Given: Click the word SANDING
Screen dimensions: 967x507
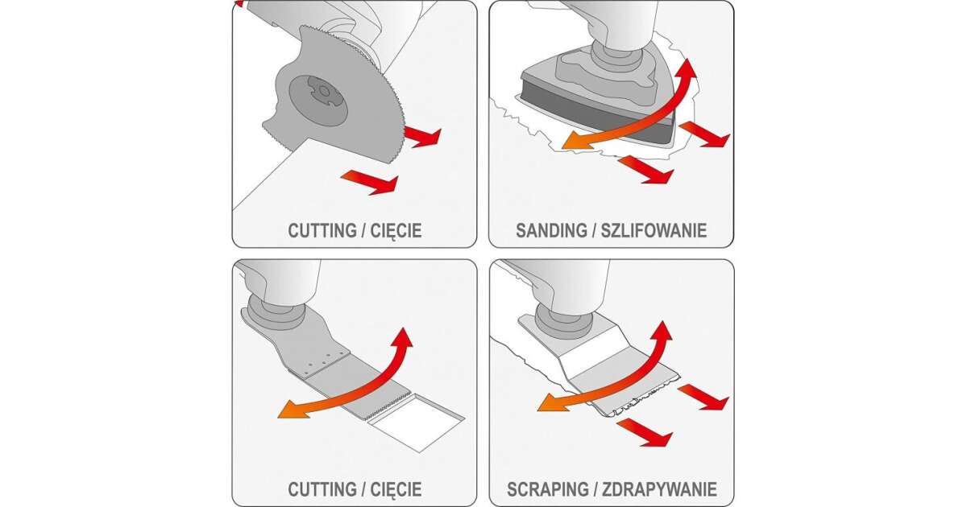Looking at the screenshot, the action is point(551,231).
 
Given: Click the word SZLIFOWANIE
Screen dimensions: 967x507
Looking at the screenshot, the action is point(654,231).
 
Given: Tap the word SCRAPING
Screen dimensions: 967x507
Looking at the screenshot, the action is point(548,489).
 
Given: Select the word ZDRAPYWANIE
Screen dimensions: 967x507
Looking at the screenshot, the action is point(660,489).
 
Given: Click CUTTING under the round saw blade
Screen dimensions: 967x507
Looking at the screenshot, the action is point(322,231).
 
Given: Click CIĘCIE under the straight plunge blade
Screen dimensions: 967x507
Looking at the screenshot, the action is point(396,490).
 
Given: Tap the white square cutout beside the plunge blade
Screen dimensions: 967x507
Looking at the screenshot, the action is point(417,423).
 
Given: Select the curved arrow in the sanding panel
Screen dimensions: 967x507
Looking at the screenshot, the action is point(643,116).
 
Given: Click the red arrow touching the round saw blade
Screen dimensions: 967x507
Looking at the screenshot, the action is point(423,137).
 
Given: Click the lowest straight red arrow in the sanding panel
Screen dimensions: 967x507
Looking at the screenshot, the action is point(645,170).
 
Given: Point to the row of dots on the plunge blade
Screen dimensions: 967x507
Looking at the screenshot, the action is point(319,363).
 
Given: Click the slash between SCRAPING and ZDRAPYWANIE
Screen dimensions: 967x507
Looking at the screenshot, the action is point(596,489).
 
